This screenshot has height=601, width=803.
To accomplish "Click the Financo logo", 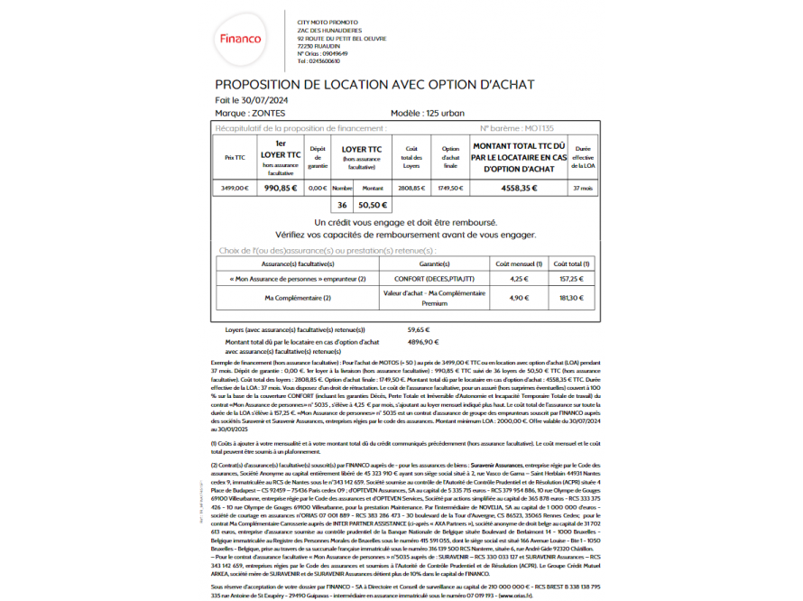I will [241, 40].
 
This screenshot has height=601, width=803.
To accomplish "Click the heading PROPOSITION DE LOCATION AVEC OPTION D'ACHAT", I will [374, 85].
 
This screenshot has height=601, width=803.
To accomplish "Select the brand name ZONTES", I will [267, 114].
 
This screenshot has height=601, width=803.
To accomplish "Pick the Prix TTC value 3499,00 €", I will [235, 188].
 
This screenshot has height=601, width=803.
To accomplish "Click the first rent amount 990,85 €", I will [281, 188].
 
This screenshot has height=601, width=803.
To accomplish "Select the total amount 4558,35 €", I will [519, 188].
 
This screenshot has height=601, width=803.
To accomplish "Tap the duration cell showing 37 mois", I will [582, 188].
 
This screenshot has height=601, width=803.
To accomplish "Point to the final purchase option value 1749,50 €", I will [450, 188].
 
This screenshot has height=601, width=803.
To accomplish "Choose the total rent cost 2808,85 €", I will [411, 188].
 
